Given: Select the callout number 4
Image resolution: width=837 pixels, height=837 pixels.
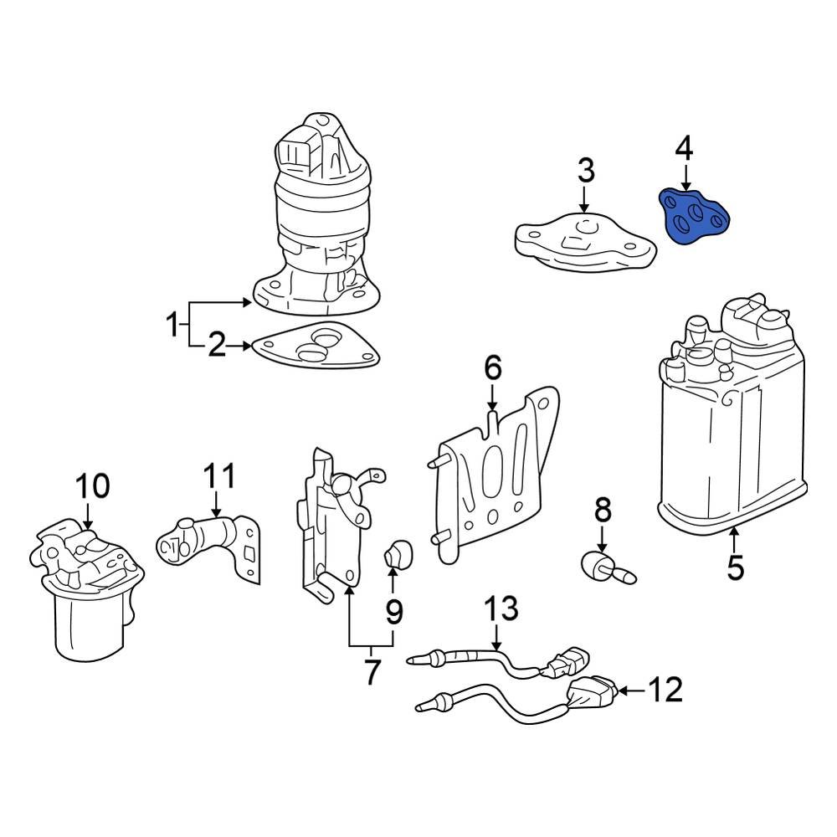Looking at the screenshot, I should click(684, 150).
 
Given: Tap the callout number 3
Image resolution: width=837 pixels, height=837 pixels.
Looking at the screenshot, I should click(585, 171).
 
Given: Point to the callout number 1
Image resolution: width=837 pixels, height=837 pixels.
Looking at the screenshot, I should click(172, 323).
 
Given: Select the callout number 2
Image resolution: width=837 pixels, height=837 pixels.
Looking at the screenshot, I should click(217, 345).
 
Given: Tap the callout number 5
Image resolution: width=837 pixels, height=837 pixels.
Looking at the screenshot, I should click(734, 567).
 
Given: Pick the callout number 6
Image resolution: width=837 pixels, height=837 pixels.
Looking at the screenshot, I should click(492, 367).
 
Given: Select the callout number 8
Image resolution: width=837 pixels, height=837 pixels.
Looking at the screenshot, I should click(603, 509).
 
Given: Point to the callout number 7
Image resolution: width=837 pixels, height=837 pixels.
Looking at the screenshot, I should click(371, 671).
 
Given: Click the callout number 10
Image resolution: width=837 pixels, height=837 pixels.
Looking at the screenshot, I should click(92, 486).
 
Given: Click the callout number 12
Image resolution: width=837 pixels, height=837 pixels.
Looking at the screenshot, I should click(665, 691).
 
